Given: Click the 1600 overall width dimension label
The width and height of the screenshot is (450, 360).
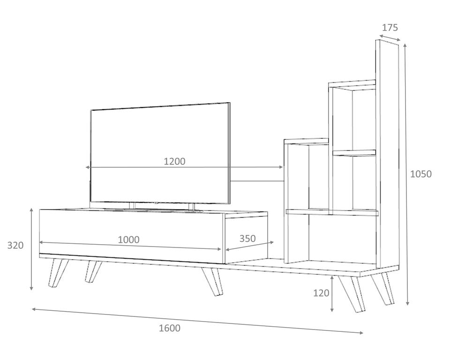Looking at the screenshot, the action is [x=170, y=328].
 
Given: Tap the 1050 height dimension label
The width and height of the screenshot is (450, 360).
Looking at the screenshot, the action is [x=420, y=174].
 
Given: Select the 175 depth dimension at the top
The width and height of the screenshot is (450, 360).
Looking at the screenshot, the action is [x=390, y=28].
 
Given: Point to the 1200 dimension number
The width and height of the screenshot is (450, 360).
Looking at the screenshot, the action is [x=174, y=161].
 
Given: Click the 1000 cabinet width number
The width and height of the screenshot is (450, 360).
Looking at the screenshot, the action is [x=128, y=240].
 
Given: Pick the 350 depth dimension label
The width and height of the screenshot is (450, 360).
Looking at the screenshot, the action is [x=247, y=238].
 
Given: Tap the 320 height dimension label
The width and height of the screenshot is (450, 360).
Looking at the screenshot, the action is [x=15, y=246].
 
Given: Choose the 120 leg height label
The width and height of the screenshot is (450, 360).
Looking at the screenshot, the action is [x=321, y=293].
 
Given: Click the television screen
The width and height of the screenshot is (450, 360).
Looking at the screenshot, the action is [x=160, y=153].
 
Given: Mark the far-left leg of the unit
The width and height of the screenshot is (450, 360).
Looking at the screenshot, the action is [x=59, y=272].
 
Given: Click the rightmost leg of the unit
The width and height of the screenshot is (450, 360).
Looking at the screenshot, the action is [x=383, y=288].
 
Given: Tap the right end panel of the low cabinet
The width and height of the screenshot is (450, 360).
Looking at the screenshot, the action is [x=246, y=238].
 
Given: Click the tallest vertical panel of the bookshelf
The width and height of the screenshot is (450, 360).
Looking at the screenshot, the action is [x=387, y=154].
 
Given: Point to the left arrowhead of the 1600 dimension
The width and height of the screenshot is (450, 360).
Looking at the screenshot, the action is [x=33, y=309].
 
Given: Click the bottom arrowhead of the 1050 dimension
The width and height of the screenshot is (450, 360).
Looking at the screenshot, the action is [x=407, y=303].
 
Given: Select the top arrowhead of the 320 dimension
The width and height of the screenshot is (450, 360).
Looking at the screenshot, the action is [x=31, y=210].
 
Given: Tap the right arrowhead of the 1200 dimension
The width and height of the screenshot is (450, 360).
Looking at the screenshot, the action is [x=281, y=167].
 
